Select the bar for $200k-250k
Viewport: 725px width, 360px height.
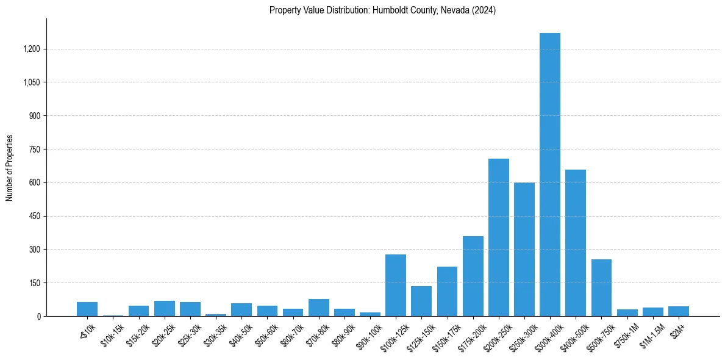(498, 237)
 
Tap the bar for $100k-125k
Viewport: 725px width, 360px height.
(395, 285)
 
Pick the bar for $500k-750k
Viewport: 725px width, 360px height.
(601, 287)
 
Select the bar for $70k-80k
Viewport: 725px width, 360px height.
(318, 308)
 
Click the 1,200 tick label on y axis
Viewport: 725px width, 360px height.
(31, 49)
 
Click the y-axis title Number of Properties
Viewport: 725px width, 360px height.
(9, 168)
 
